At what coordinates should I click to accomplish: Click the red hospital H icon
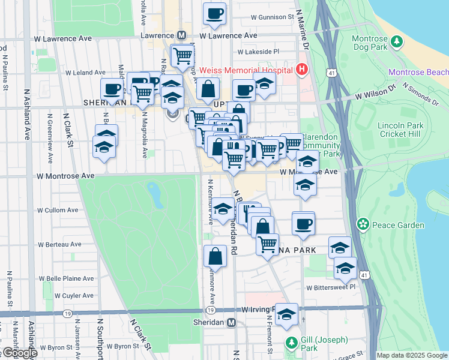tap(302, 69)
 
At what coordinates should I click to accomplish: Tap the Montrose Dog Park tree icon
tap(396, 41)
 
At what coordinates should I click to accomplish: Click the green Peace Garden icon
tap(363, 225)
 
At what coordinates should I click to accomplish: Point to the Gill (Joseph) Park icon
tap(292, 343)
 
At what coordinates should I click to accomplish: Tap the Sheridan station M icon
tap(232, 322)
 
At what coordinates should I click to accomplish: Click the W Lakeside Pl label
tap(259, 52)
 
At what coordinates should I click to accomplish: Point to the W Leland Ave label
tap(85, 73)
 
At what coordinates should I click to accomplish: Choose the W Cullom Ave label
tap(58, 211)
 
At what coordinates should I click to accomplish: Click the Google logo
tap(19, 353)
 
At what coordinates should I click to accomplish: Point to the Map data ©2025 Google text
tap(411, 355)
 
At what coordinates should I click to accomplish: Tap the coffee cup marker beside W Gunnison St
tap(214, 13)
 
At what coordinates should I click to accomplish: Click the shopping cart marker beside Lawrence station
tap(182, 56)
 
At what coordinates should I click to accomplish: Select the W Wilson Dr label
tap(375, 92)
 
